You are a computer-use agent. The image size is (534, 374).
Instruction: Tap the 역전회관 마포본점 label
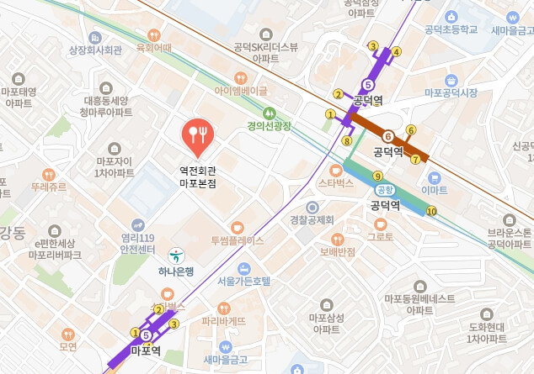(x=198, y=176)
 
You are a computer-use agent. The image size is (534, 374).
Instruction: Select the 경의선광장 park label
(x=269, y=126)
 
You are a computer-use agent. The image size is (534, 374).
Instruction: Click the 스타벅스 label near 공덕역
(x=336, y=182)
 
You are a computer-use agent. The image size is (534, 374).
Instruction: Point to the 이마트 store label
(x=434, y=191)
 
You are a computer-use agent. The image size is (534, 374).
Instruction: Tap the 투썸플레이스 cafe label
(x=237, y=240)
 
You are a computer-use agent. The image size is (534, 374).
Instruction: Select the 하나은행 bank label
(x=177, y=271)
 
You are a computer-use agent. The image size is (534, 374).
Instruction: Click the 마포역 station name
(x=146, y=350)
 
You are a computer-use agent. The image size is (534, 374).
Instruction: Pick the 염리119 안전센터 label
(x=138, y=244)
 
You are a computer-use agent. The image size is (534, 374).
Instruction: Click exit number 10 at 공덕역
(x=431, y=211)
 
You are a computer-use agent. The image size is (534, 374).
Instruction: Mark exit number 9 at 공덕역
(x=377, y=175)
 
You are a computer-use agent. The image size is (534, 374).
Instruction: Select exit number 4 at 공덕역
(x=396, y=51)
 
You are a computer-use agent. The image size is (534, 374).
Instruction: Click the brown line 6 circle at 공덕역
(x=387, y=136)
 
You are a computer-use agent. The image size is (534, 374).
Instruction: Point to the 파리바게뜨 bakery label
(x=224, y=320)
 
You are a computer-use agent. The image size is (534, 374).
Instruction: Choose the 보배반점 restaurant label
(x=338, y=251)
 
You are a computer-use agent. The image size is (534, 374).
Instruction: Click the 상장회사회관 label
(x=95, y=50)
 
